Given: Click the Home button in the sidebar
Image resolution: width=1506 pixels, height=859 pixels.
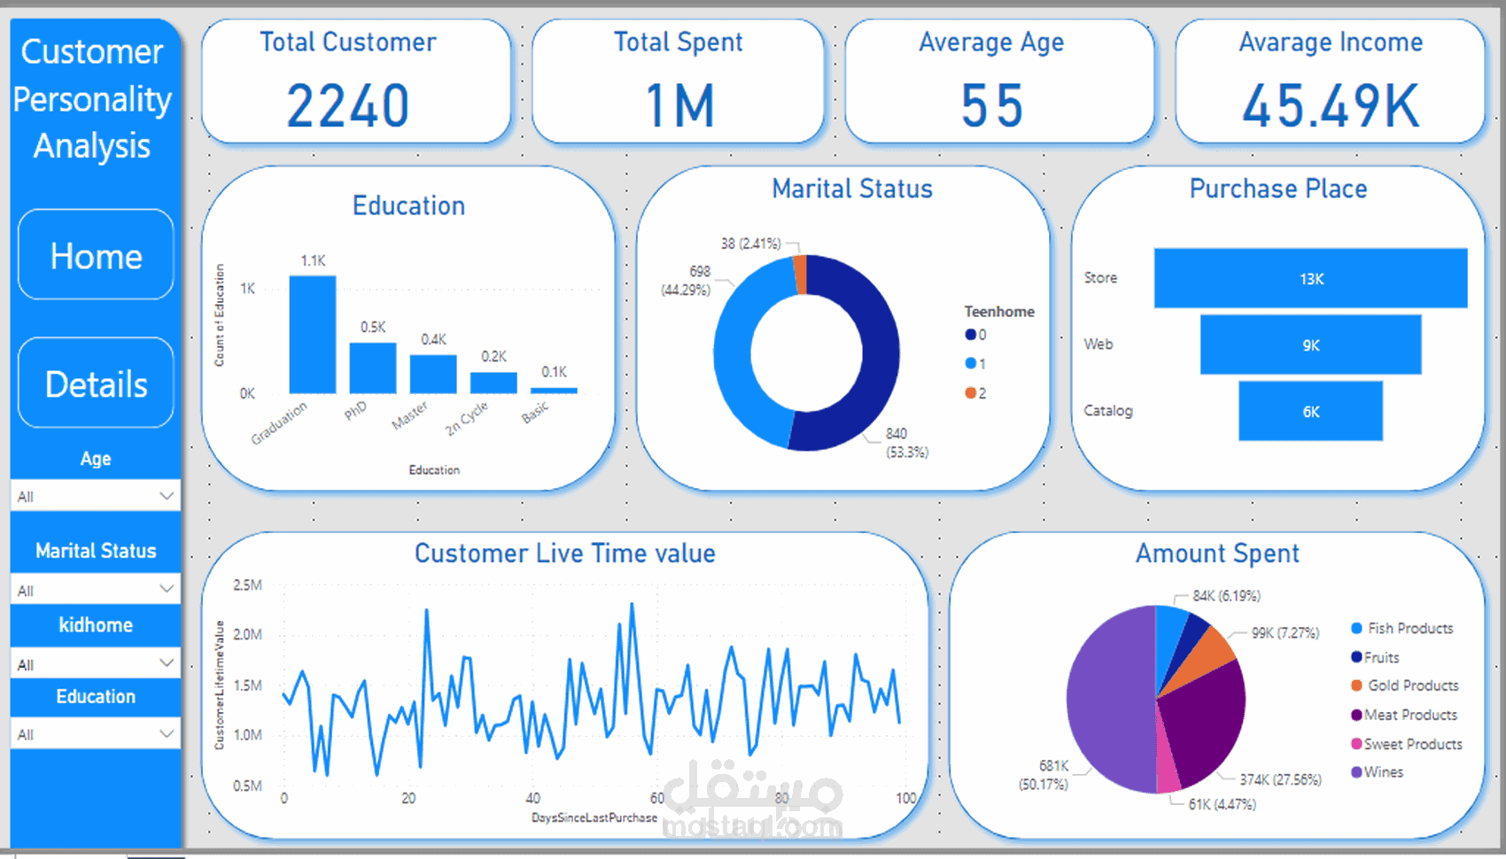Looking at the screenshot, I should pos(96,256).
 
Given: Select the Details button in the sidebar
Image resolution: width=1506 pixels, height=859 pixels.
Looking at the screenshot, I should pos(96,383).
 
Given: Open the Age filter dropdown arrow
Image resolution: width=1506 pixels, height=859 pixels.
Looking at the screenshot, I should pos(166,496).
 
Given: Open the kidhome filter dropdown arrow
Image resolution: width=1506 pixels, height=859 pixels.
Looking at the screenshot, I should pos(166,662).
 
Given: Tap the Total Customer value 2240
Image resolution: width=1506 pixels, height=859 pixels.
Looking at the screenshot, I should pos(348,106).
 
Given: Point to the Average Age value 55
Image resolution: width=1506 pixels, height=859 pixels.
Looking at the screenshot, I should pos(992,106).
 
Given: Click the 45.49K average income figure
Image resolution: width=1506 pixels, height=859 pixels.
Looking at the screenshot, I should pos(1331,106).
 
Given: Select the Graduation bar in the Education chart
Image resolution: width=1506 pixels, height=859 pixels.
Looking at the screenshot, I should pos(313,335).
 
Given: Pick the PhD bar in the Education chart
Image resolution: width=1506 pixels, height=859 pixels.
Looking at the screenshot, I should pos(373,368).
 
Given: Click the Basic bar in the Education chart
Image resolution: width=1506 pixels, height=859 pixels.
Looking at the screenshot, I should pos(555,390).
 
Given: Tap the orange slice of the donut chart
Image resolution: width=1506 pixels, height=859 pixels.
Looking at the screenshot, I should pos(801,274).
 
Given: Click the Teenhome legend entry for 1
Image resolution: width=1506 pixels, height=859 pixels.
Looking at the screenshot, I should pos(975,363).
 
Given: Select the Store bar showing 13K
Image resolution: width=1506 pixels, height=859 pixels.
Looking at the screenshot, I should pos(1310,278).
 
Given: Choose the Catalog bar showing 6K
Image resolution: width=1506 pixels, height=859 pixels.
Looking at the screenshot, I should pos(1310,411).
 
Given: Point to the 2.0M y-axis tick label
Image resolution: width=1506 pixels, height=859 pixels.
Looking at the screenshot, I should pos(247,634).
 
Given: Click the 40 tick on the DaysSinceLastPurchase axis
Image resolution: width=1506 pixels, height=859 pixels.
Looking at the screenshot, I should pos(532,798).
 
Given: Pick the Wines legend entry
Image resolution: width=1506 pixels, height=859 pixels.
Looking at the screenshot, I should pos(1377,772).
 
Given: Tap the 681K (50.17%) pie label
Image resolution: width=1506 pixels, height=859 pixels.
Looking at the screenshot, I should pos(1044,775).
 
